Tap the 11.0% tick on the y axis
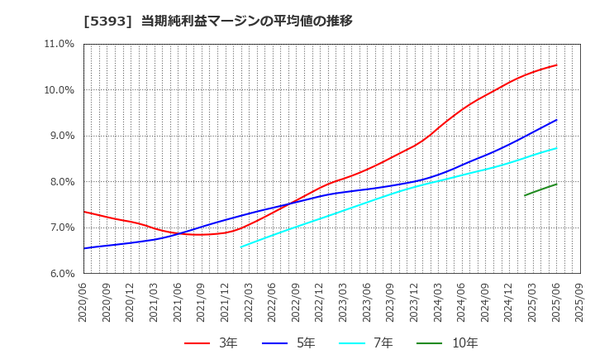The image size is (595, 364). pos(58,45)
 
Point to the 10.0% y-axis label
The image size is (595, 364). pos(58,90)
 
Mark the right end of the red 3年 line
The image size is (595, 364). pos(556,65)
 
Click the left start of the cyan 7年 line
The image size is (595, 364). pos(240,247)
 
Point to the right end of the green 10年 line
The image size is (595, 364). pos(556,184)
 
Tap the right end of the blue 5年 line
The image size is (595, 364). pos(556,120)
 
